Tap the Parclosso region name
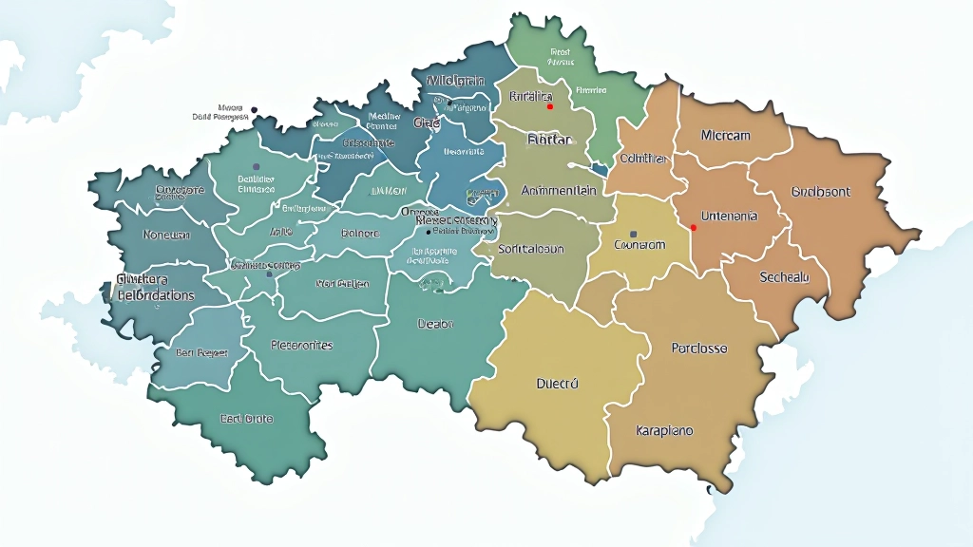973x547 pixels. (698, 349)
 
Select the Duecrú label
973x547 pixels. (557, 385)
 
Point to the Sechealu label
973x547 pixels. (784, 277)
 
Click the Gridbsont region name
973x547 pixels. (820, 192)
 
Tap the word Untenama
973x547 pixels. (729, 217)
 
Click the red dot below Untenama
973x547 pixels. (694, 228)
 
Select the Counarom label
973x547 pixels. (639, 245)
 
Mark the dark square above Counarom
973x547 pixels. (634, 233)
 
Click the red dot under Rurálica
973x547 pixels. (549, 107)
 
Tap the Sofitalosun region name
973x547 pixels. (531, 249)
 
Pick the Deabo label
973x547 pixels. (436, 324)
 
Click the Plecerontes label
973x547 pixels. (301, 345)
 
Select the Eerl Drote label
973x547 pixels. (246, 418)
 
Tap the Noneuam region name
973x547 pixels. (166, 235)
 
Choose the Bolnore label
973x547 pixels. (359, 233)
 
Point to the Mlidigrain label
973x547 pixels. (456, 80)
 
